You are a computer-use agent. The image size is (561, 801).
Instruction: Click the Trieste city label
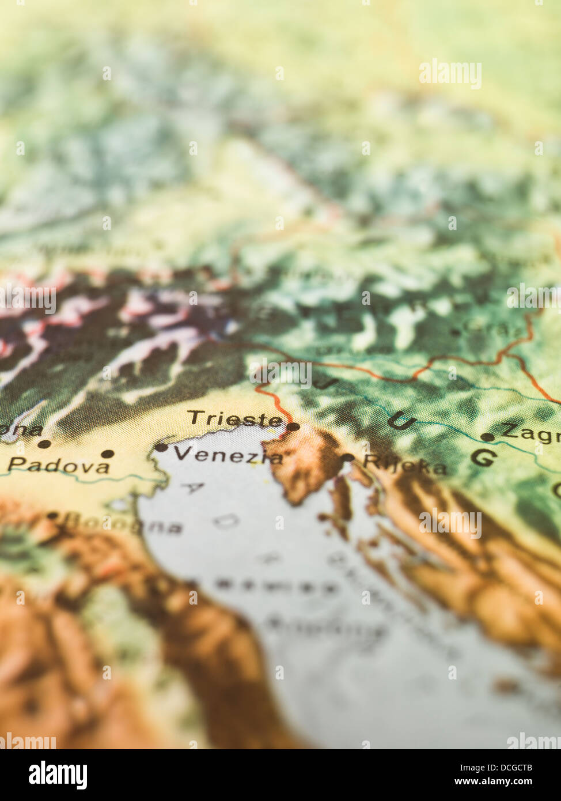[x=235, y=419]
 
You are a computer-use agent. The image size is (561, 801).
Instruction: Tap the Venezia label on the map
[x=228, y=456]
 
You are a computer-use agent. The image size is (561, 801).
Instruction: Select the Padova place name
[x=59, y=466]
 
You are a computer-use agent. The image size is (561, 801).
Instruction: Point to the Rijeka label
[x=404, y=464]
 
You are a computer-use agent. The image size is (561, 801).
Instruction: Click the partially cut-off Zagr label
[x=530, y=432]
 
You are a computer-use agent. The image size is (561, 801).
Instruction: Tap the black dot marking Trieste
[x=293, y=427]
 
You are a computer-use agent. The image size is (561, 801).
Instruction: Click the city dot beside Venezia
[x=161, y=447]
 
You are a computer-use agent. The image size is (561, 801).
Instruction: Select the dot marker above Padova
[x=107, y=454]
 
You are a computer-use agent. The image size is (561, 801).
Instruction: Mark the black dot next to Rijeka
[x=347, y=458]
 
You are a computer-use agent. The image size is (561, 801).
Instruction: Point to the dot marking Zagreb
[x=487, y=437]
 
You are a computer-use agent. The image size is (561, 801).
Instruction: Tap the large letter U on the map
[x=401, y=421]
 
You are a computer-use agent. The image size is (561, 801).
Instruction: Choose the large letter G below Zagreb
[x=483, y=458]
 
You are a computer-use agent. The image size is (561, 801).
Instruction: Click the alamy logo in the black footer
[x=58, y=774]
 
